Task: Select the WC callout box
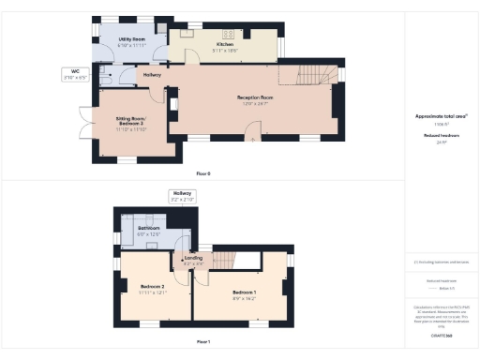tap(75, 74)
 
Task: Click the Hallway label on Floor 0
tap(152, 75)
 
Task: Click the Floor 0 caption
tap(203, 173)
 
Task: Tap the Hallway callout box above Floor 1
tap(181, 197)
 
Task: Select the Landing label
tap(193, 260)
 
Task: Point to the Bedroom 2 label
tap(152, 289)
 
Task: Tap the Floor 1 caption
tap(203, 342)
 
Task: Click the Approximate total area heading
tap(441, 116)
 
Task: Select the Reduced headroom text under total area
tap(441, 136)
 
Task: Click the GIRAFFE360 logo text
tap(442, 335)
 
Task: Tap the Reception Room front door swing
tap(253, 137)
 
